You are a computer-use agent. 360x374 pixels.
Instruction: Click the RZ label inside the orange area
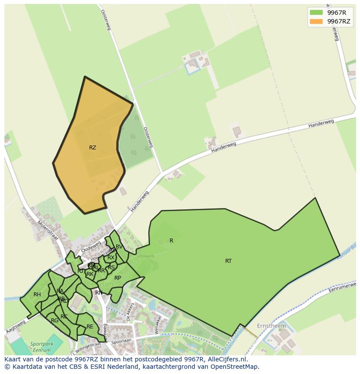[93, 148]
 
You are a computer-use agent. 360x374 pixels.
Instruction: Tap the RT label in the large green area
[228, 261]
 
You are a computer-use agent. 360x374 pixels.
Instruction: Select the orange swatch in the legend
[316, 21]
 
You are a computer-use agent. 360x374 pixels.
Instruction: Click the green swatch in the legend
[316, 12]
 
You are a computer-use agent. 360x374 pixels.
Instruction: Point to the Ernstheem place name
[272, 326]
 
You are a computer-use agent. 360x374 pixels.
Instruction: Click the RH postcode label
[37, 295]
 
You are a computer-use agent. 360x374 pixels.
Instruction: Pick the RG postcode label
[54, 321]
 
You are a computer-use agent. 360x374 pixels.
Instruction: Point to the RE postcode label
[90, 327]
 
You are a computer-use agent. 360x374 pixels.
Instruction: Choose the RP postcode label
[117, 278]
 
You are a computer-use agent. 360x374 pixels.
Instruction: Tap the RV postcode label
[119, 247]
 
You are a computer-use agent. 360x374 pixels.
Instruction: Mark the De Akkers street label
[129, 311]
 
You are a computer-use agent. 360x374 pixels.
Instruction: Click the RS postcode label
[111, 268]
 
